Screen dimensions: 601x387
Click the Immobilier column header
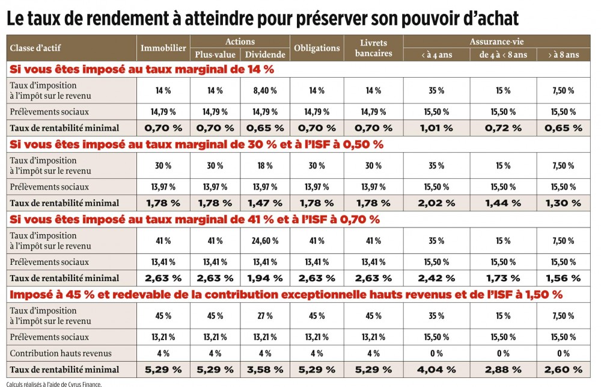(x=163, y=48)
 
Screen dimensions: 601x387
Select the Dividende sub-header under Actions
(x=265, y=55)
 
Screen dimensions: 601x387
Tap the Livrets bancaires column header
(x=374, y=48)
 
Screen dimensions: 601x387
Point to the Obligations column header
(x=317, y=48)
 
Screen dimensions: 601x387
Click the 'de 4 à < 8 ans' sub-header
(x=503, y=55)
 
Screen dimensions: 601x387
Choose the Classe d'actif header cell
(x=35, y=48)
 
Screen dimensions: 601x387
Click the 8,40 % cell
(x=265, y=91)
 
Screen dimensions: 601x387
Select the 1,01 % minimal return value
(x=436, y=128)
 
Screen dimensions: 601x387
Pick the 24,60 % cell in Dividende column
(x=265, y=241)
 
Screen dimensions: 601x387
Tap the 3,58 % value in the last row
(x=265, y=370)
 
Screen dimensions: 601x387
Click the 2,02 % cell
(x=436, y=203)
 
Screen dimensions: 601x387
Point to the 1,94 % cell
(x=265, y=278)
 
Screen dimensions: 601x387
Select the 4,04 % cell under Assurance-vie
(x=436, y=370)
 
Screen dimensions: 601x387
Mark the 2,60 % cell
(x=564, y=370)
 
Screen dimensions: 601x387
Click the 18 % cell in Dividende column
(x=265, y=166)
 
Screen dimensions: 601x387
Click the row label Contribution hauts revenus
(x=61, y=353)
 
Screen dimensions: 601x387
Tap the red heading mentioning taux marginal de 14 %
(x=142, y=69)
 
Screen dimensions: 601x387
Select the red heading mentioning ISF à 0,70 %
(x=195, y=220)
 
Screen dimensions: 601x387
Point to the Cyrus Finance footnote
(x=54, y=383)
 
